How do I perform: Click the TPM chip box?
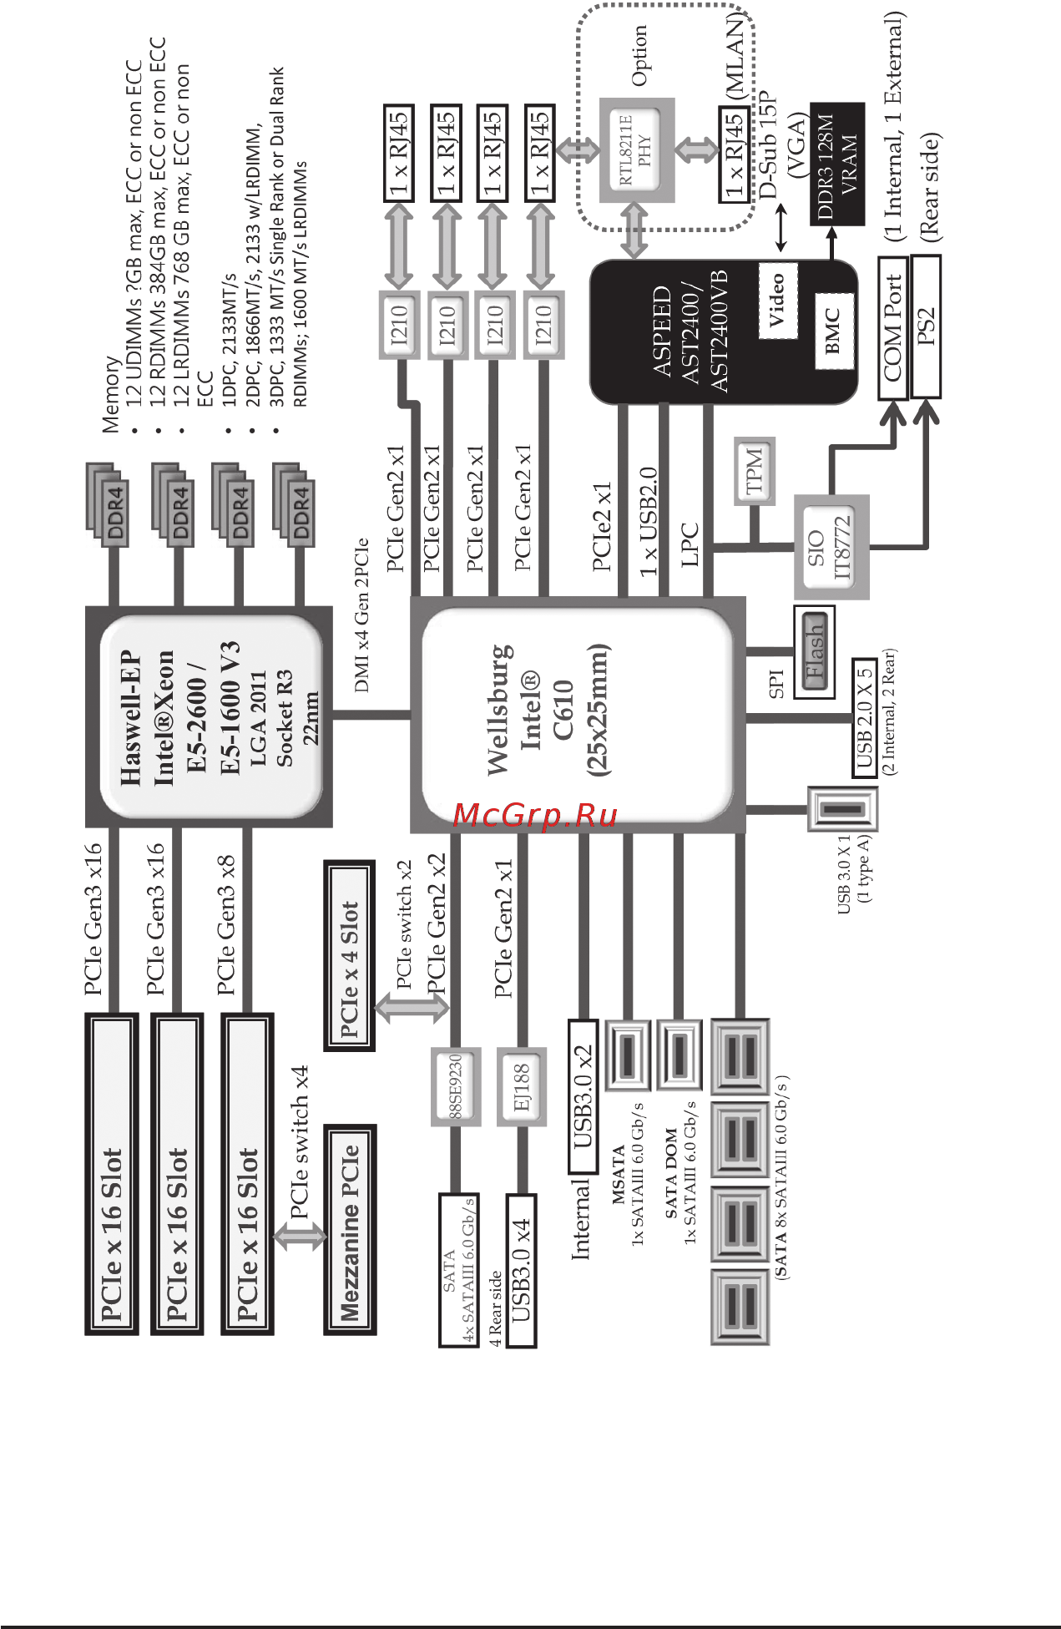click(754, 470)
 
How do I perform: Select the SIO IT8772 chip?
click(831, 547)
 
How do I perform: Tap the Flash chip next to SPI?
click(814, 652)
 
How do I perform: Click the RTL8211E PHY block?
click(637, 149)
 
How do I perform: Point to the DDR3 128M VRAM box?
click(836, 164)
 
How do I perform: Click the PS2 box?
click(926, 326)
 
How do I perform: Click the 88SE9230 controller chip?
click(456, 1086)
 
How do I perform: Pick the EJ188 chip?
click(522, 1086)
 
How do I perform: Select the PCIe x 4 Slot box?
click(349, 956)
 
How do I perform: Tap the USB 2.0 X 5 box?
click(865, 717)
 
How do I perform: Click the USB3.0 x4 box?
click(521, 1270)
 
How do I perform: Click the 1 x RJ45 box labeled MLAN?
click(733, 154)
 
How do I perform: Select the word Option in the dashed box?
click(639, 55)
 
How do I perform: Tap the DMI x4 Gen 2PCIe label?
click(361, 615)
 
